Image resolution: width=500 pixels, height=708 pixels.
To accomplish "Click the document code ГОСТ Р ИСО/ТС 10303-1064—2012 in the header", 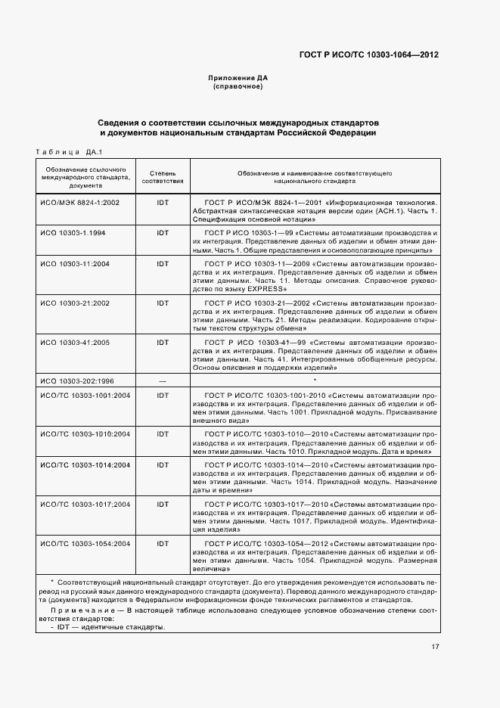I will point(369,54).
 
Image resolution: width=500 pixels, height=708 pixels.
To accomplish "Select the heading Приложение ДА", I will point(238,78).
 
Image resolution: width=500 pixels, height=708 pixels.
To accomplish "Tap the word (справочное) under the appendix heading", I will point(238,86).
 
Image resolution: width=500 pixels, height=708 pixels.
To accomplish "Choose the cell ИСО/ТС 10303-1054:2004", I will point(85,543).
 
